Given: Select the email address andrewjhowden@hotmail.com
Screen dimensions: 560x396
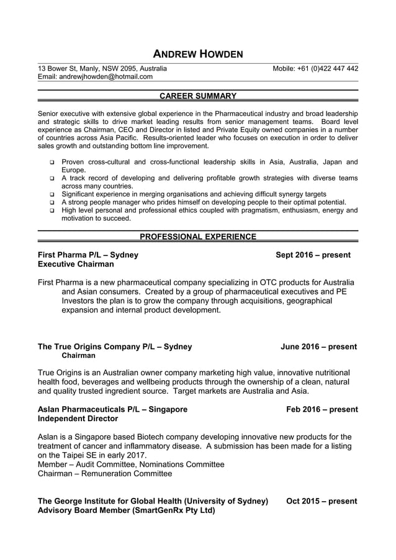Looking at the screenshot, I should click(95, 77).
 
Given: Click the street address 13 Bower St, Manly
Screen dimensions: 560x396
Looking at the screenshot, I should click(102, 68).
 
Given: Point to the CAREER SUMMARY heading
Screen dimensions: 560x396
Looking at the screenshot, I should click(198, 96).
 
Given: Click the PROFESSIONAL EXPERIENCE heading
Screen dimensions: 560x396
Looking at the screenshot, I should click(198, 236).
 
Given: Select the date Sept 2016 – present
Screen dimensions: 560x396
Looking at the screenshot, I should click(313, 255).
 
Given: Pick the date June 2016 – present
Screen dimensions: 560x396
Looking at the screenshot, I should click(318, 347).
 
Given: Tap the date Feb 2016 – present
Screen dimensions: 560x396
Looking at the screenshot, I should click(322, 409).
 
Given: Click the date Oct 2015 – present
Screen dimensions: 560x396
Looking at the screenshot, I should click(322, 501).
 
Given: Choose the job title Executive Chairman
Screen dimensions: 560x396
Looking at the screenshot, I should click(76, 264).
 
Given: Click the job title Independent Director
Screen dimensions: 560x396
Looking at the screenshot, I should click(79, 419).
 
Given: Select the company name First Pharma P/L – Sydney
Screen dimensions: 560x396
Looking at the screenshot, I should click(88, 255).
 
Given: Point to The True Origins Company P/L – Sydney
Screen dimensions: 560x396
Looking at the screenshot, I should click(115, 347).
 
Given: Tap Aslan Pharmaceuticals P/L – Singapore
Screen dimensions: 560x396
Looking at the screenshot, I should click(112, 409).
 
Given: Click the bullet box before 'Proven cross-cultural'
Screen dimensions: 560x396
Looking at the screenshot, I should click(53, 162).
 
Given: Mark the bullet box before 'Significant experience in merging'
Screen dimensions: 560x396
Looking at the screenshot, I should click(53, 194).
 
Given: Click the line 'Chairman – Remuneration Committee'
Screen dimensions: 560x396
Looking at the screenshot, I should click(105, 474).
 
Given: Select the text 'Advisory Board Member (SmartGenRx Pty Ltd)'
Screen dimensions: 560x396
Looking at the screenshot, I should click(126, 510).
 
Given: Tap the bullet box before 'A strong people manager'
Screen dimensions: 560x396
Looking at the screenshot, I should click(53, 202).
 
